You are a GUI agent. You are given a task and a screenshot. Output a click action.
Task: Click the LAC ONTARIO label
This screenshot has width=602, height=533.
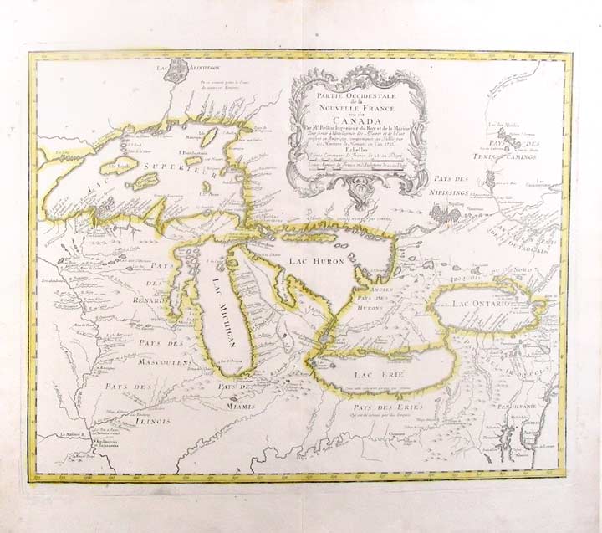click(x=480, y=302)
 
